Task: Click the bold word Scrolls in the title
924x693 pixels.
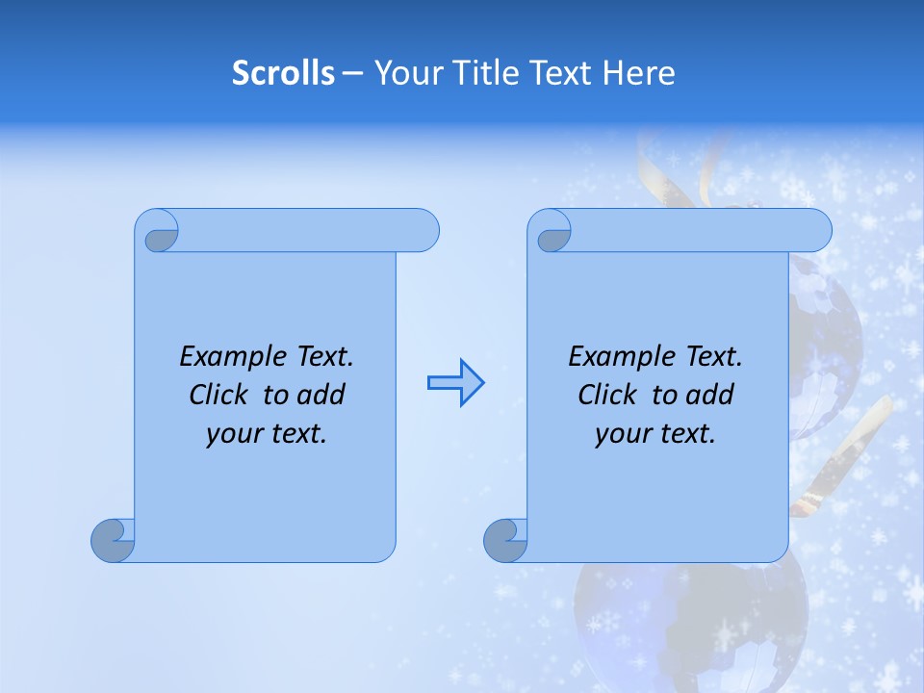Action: pyautogui.click(x=283, y=73)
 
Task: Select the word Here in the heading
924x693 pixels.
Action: pyautogui.click(x=639, y=73)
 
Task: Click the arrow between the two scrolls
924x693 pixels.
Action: pyautogui.click(x=455, y=383)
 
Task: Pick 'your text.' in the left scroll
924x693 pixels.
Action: pyautogui.click(x=267, y=434)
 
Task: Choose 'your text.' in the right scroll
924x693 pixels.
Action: pyautogui.click(x=654, y=434)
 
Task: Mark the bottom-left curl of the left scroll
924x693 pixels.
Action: pyautogui.click(x=114, y=541)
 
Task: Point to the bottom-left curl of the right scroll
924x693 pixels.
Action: pyautogui.click(x=505, y=541)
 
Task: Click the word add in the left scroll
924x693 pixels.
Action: pyautogui.click(x=321, y=395)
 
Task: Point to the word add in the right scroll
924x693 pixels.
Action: pyautogui.click(x=710, y=395)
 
